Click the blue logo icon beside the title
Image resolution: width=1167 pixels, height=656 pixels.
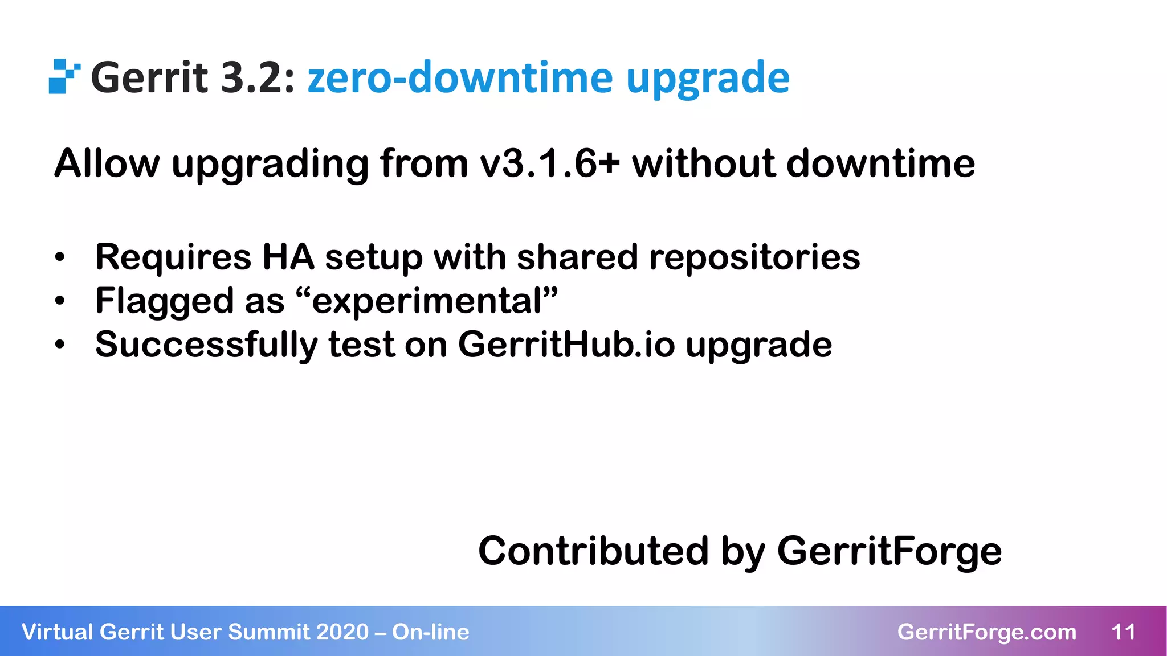64,76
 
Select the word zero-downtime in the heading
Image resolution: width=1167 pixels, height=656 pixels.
460,77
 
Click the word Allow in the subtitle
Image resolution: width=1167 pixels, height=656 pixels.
107,164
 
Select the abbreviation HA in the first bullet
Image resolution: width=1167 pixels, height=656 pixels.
288,257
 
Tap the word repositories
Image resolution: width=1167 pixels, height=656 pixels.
754,257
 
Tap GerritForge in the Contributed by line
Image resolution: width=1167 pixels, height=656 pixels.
889,551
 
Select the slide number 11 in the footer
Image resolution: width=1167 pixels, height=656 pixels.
1123,632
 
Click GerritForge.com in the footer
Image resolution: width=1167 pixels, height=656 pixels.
986,632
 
